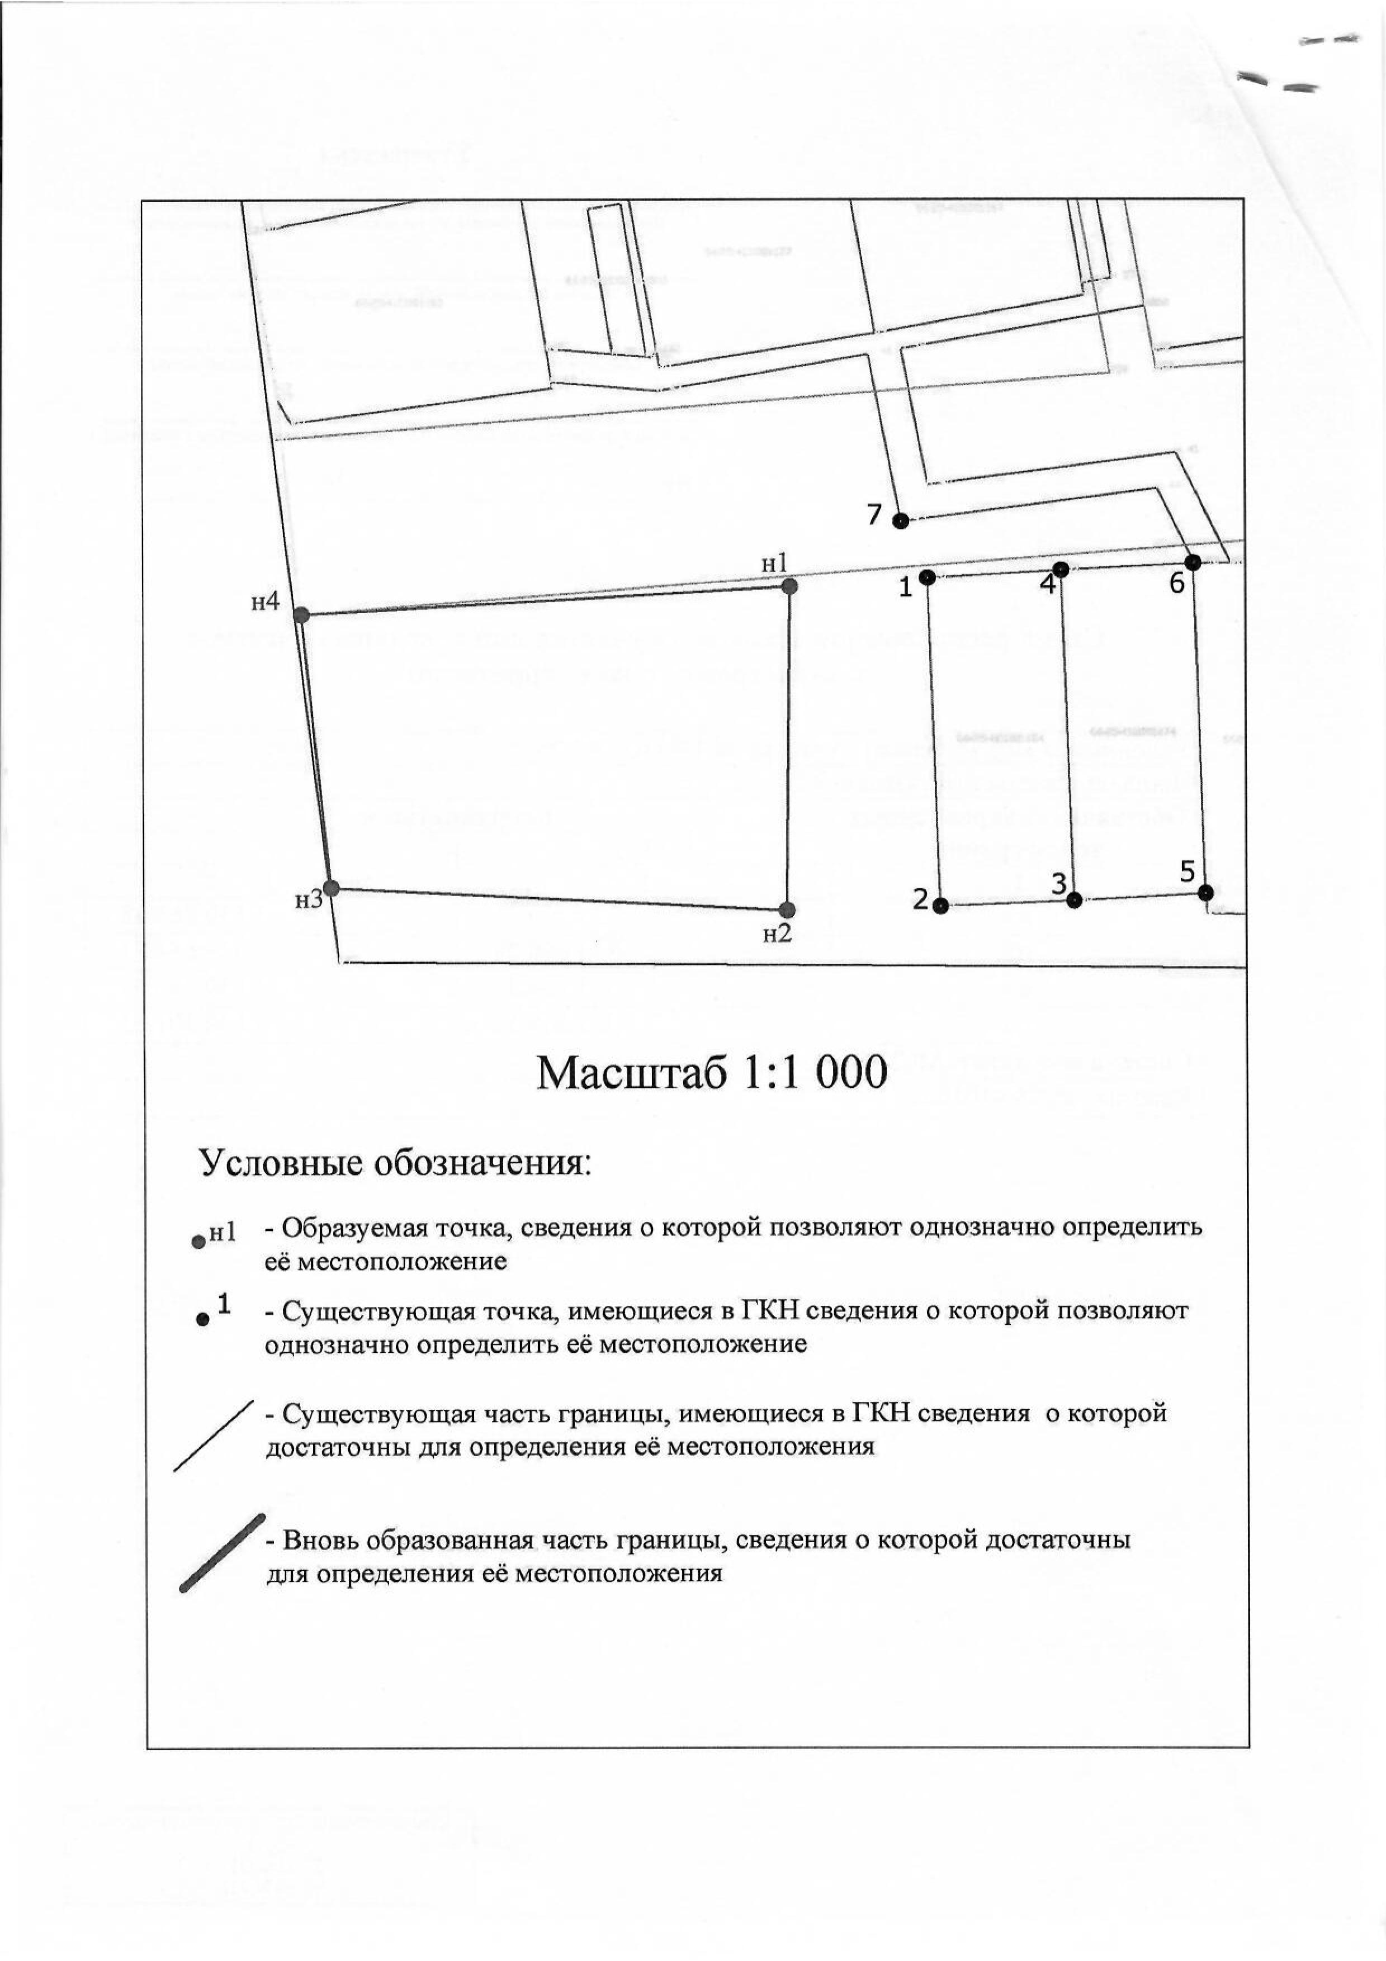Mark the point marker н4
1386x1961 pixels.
pos(301,614)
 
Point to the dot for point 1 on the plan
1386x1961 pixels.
pos(928,577)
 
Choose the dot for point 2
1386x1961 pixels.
pos(940,906)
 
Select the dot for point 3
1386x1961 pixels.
pos(1074,899)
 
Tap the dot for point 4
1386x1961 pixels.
pos(1061,569)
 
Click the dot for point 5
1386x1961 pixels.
pos(1205,893)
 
